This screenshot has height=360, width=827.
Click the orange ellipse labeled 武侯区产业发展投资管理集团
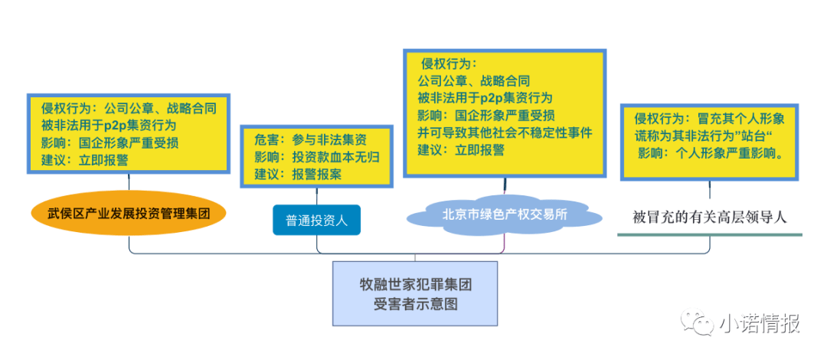point(129,213)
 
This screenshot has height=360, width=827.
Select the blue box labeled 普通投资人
point(316,220)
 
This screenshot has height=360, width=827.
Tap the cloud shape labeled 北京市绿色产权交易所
point(505,214)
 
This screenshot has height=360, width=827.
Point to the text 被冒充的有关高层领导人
point(709,217)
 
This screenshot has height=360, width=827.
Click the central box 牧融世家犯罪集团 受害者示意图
point(415,293)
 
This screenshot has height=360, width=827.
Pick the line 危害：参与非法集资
point(310,140)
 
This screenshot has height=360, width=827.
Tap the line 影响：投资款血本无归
point(317,157)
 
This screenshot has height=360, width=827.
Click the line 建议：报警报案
point(298,174)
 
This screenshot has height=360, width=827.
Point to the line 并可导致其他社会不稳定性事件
point(505,132)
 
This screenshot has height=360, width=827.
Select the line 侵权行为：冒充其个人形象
point(709,118)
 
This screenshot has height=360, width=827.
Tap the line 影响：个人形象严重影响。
point(710,154)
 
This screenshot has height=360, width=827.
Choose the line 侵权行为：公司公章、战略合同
point(129,109)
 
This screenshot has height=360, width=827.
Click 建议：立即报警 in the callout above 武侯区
point(84,161)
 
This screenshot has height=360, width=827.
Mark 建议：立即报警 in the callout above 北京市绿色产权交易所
point(461,149)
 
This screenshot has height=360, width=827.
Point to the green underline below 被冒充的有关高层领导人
point(709,234)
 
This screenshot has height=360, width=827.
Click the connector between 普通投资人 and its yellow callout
point(316,196)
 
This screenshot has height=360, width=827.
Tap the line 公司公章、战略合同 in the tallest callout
point(473,81)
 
